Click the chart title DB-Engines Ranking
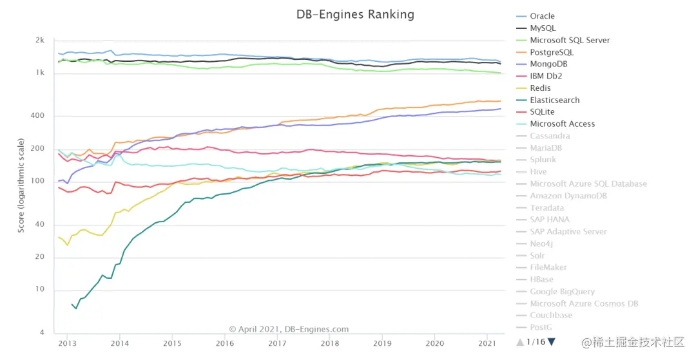click(x=355, y=14)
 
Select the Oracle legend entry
click(x=542, y=16)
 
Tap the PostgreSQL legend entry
click(x=551, y=52)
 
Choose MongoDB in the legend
click(x=548, y=64)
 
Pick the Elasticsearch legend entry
click(x=554, y=100)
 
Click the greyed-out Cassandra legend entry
click(x=550, y=136)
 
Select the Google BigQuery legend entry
click(x=562, y=292)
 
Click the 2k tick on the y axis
click(x=40, y=40)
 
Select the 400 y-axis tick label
click(x=38, y=116)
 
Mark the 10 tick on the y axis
click(x=39, y=289)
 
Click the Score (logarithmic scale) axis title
click(x=21, y=185)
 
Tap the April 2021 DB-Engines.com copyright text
click(x=289, y=329)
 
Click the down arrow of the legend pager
click(x=551, y=341)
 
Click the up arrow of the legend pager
click(x=520, y=342)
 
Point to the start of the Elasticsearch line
click(x=72, y=304)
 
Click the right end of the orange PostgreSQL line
click(x=501, y=101)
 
